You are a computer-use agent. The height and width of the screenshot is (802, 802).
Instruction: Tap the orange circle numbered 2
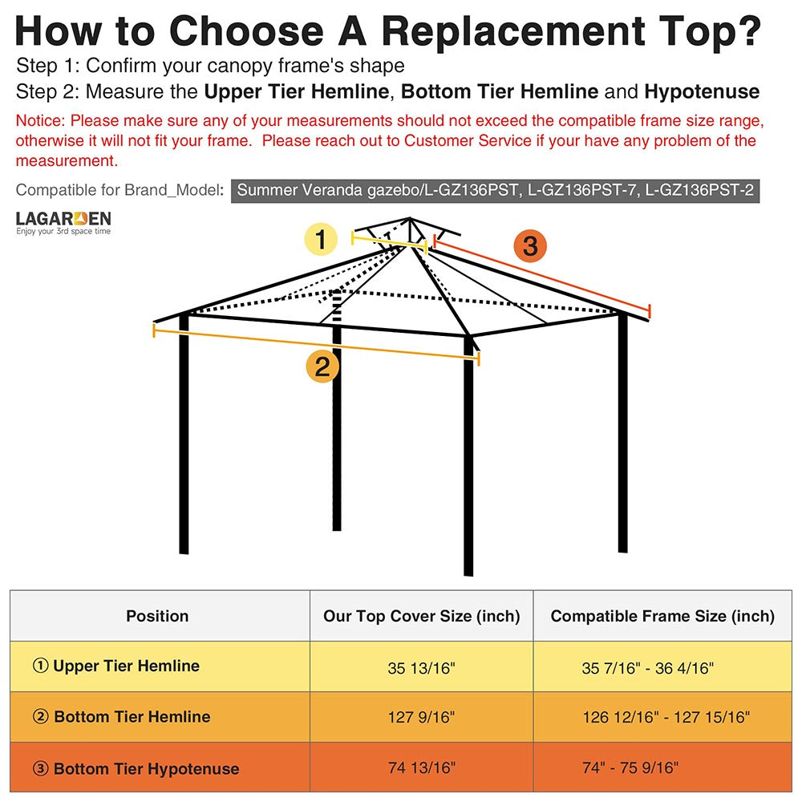(322, 367)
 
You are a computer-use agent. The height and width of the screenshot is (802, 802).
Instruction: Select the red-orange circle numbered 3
(530, 245)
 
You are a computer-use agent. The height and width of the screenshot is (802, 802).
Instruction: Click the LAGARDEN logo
(63, 222)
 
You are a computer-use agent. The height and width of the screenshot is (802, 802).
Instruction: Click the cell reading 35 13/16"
(421, 667)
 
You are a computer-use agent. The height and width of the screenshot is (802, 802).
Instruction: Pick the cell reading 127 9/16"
(421, 717)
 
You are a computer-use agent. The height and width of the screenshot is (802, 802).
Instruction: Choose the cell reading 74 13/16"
(421, 768)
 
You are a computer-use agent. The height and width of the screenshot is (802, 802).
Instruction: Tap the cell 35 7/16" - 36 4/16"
(648, 667)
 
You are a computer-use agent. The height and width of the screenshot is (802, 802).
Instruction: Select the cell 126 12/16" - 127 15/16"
(665, 717)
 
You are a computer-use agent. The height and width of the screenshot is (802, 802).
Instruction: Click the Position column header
(157, 616)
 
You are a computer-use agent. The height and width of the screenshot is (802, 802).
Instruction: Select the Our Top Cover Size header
(421, 616)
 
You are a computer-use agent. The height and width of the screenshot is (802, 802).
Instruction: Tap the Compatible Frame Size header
(662, 616)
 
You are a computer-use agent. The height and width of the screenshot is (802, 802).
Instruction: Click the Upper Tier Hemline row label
(116, 666)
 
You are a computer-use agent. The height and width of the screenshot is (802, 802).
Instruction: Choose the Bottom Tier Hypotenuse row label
(136, 768)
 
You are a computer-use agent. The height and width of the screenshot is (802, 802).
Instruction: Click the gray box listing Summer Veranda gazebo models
(495, 191)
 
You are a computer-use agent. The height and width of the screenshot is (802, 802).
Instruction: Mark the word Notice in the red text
(40, 122)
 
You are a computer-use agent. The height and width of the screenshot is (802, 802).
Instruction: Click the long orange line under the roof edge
(316, 343)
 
